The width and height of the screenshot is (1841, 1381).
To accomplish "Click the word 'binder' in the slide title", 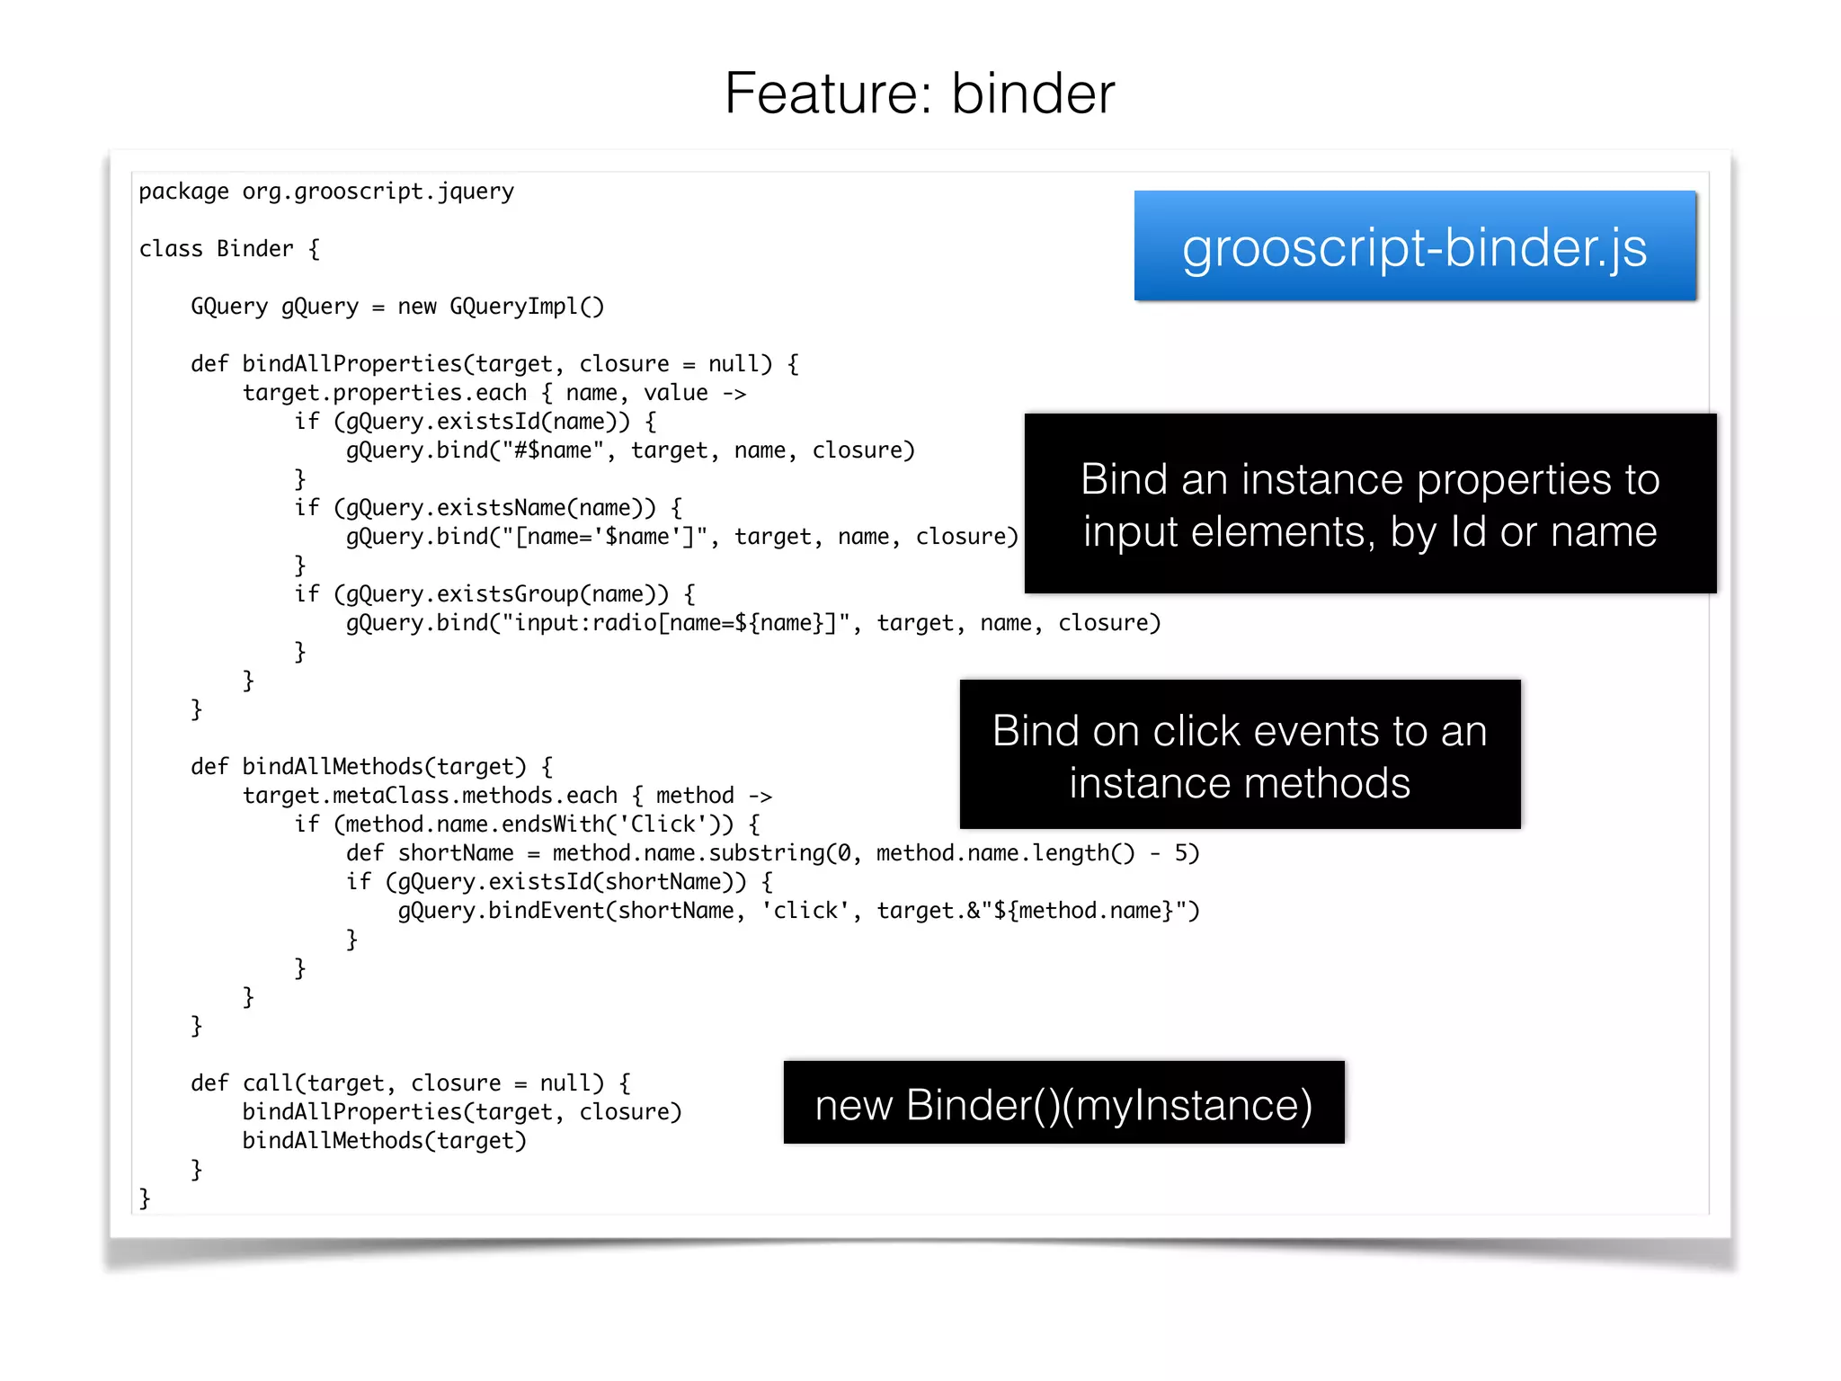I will click(x=1033, y=94).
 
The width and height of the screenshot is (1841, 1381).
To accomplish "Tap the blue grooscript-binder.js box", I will click(x=1414, y=246).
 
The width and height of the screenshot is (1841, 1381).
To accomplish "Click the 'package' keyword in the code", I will click(x=183, y=192).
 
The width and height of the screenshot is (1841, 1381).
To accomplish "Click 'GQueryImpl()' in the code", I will click(x=527, y=307).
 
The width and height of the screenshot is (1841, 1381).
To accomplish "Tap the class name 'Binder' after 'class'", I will click(x=254, y=249).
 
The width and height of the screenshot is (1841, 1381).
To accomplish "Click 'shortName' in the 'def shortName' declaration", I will click(x=456, y=853).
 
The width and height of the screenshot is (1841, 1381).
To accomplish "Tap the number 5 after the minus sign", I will click(x=1181, y=853).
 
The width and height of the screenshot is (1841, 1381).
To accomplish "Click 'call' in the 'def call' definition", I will click(x=268, y=1083).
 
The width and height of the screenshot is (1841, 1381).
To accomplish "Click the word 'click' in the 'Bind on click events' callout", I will click(x=1203, y=731).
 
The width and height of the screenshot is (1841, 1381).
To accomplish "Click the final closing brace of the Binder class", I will click(x=145, y=1198).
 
